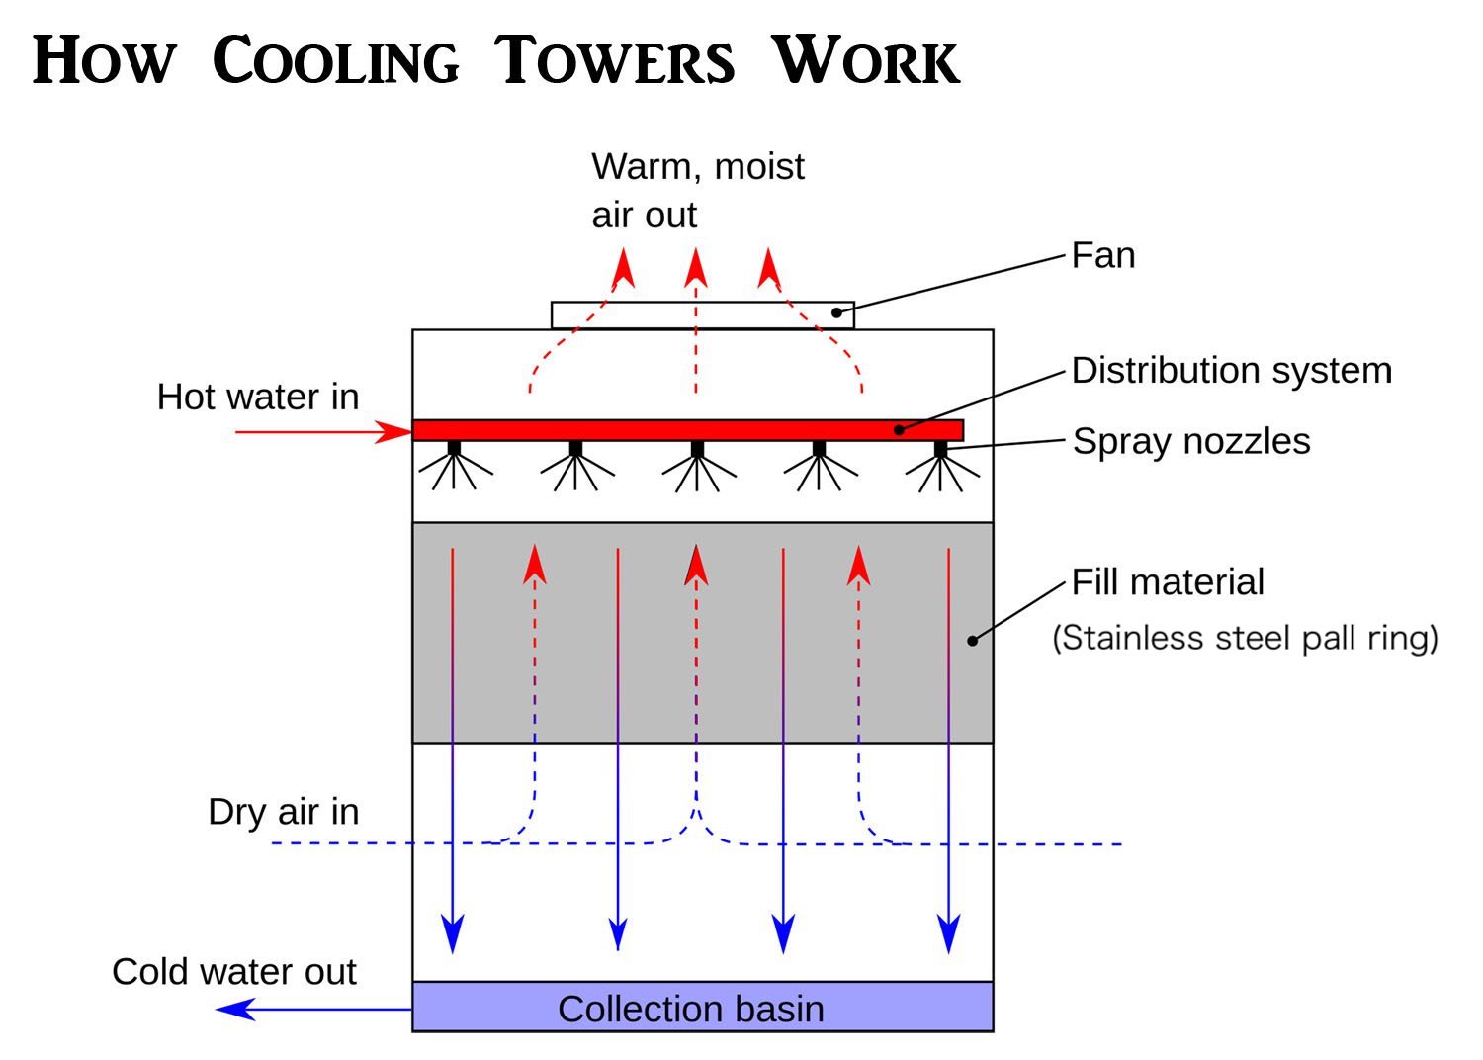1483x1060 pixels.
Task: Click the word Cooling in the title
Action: [336, 60]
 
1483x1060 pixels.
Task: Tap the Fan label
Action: [1103, 255]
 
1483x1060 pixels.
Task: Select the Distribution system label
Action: [1232, 370]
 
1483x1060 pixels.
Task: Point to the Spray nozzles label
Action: [1191, 442]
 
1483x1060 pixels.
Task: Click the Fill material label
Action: [1168, 582]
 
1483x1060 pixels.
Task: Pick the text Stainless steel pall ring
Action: [1246, 638]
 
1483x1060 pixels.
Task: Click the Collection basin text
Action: [691, 1009]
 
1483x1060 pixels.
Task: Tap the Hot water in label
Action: [258, 397]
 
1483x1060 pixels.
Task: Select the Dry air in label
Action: [284, 813]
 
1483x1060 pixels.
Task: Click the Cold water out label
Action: [234, 972]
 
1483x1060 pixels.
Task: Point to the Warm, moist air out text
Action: [698, 191]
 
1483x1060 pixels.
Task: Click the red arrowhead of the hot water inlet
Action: [393, 432]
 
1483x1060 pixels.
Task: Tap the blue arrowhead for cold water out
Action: [235, 1010]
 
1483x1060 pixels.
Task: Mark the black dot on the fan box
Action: [836, 312]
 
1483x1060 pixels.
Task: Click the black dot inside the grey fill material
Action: [973, 640]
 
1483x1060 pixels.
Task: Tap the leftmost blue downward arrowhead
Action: [453, 933]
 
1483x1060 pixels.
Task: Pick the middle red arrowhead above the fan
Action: [696, 268]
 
